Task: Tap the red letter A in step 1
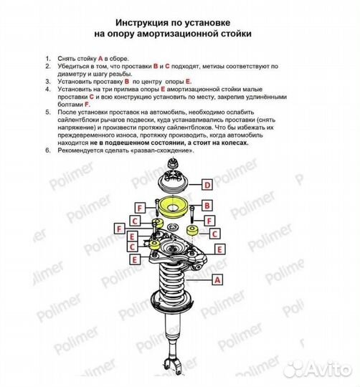tap(100, 59)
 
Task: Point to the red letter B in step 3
tap(127, 82)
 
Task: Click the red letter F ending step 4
tap(87, 105)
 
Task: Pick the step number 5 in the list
tap(47, 112)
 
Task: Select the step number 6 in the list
tap(47, 150)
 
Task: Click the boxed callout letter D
tap(207, 185)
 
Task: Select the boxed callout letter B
tap(207, 206)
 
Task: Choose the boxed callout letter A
tap(217, 280)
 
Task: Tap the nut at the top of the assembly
tap(173, 163)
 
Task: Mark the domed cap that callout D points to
tap(173, 182)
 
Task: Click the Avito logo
tap(319, 371)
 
